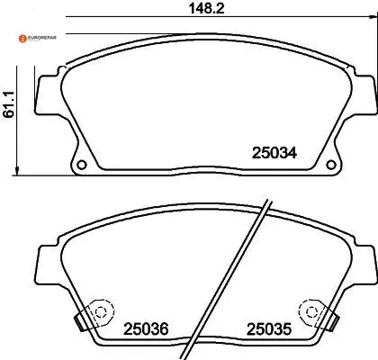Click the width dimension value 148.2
pos(206,8)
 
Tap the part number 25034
pos(274,153)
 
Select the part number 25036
pos(146,329)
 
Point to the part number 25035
pos(269,329)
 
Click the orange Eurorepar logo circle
pos(22,39)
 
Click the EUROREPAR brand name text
pos(42,38)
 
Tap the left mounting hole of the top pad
pos(82,165)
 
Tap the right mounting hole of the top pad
pos(331,165)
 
